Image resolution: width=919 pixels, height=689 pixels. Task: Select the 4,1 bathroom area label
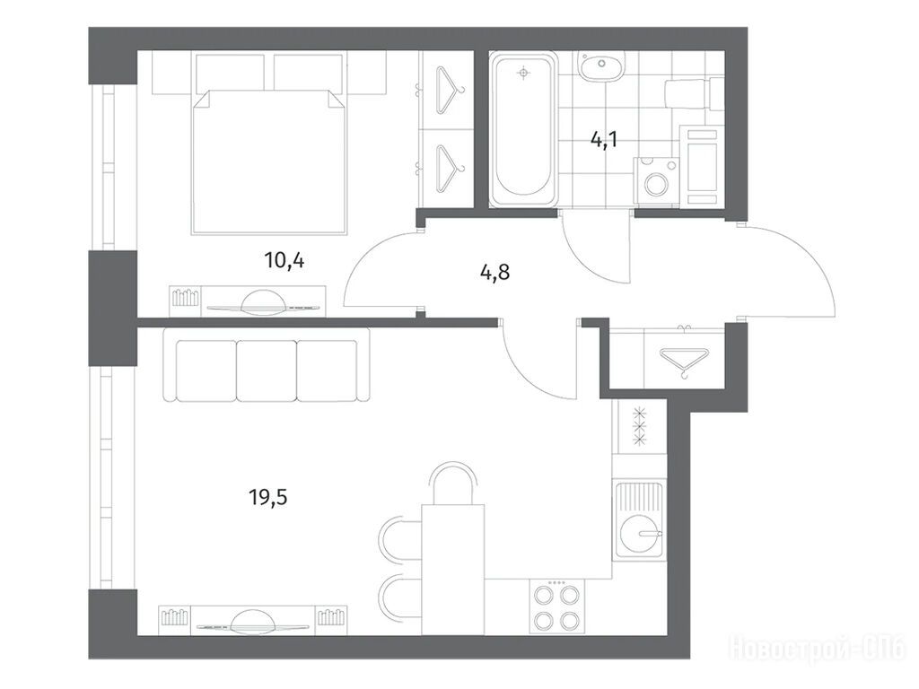(x=605, y=141)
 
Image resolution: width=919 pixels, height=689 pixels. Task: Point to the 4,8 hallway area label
(x=495, y=273)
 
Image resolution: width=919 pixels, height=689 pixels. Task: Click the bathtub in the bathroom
(x=523, y=129)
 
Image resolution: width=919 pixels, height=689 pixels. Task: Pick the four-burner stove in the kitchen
(x=556, y=606)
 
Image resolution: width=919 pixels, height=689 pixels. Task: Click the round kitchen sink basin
(x=641, y=535)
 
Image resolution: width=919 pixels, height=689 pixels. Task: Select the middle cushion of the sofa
(x=267, y=371)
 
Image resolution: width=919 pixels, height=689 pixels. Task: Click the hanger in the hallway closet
(x=684, y=362)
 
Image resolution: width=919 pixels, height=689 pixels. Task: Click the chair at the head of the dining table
(x=453, y=484)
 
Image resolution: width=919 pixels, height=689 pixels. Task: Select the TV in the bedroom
(x=263, y=301)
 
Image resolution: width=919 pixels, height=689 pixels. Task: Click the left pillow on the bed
(x=230, y=73)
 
